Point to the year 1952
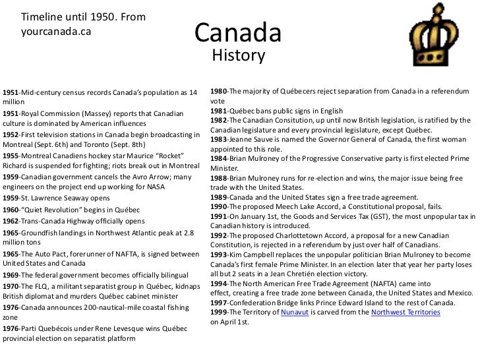(11, 135)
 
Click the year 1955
(11, 156)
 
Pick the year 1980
(220, 90)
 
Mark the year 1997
(220, 302)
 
